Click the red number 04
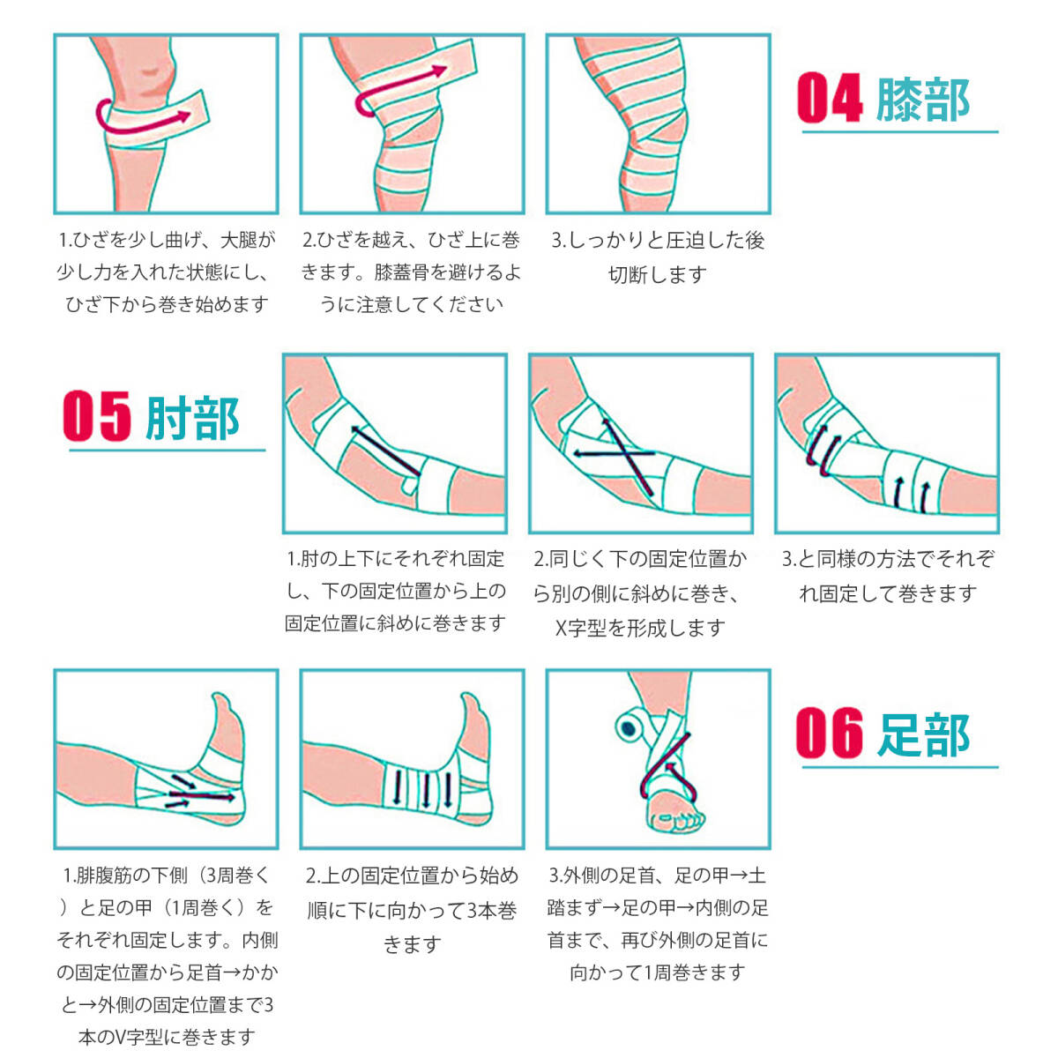(x=831, y=98)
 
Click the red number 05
(x=97, y=415)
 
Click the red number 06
(x=829, y=733)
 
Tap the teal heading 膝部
(x=922, y=100)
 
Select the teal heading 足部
(x=923, y=734)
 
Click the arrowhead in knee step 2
(x=439, y=71)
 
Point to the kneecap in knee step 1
(x=149, y=71)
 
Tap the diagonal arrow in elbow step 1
(x=386, y=451)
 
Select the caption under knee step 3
(x=658, y=257)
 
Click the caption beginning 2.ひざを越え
(x=412, y=272)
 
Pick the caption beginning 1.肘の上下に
(x=395, y=591)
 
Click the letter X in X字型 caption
(x=561, y=628)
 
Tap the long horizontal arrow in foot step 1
(x=202, y=795)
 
